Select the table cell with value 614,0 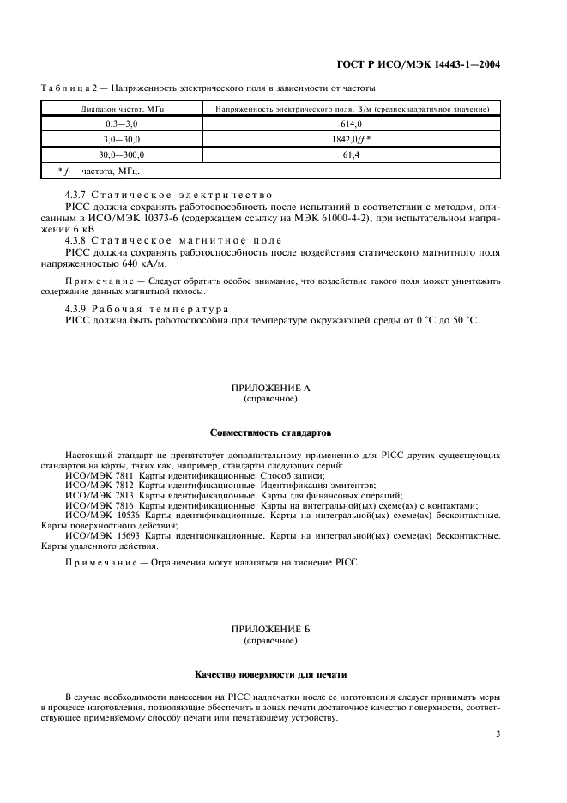(x=347, y=124)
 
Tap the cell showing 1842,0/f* (x=347, y=140)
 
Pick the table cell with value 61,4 (x=347, y=155)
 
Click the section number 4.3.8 (x=78, y=240)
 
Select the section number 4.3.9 (x=78, y=308)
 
